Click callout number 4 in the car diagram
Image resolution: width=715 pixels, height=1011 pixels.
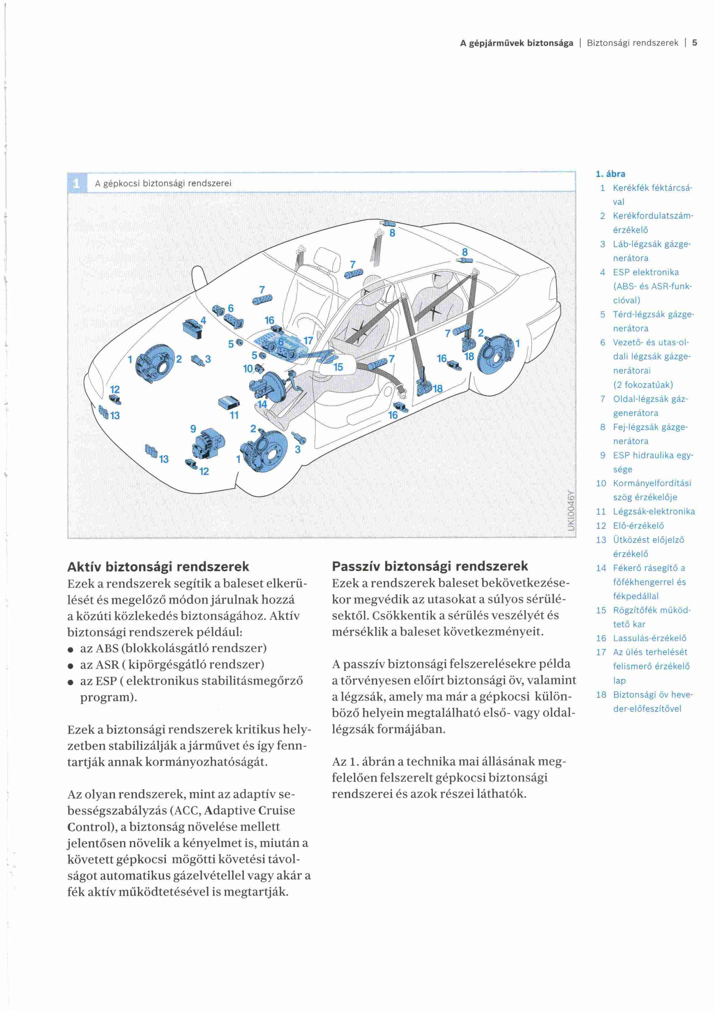pos(203,320)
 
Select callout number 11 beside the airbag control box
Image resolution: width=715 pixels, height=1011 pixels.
pos(234,415)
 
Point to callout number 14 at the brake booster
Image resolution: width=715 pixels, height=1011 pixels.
pos(262,404)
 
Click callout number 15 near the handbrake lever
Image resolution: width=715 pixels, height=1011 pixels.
pos(338,367)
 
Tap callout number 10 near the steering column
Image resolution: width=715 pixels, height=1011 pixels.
pos(248,368)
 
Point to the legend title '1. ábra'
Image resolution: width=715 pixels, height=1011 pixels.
pos(610,174)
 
